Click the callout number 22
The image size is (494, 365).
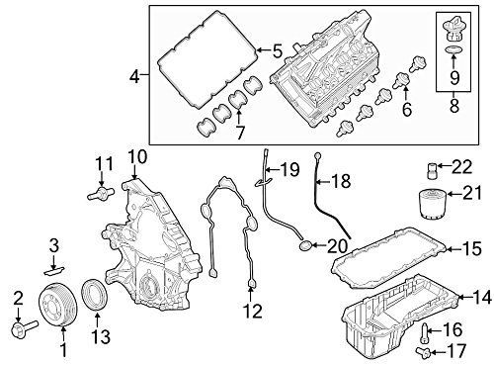click(461, 167)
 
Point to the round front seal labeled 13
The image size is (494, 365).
click(95, 294)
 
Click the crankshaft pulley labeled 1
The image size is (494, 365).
click(58, 305)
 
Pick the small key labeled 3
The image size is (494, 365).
click(54, 271)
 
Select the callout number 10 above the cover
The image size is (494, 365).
click(137, 157)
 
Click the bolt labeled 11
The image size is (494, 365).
click(100, 193)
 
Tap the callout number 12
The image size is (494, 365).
click(253, 311)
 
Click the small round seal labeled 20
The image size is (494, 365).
click(304, 245)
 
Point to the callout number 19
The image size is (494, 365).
click(289, 169)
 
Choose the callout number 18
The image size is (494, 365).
click(341, 181)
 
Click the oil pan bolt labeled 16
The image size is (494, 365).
click(426, 333)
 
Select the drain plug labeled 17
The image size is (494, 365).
click(423, 353)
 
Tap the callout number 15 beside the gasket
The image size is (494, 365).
click(472, 248)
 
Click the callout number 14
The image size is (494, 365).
click(482, 298)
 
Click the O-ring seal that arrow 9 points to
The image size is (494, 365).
click(453, 50)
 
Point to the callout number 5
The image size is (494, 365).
click(278, 51)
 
